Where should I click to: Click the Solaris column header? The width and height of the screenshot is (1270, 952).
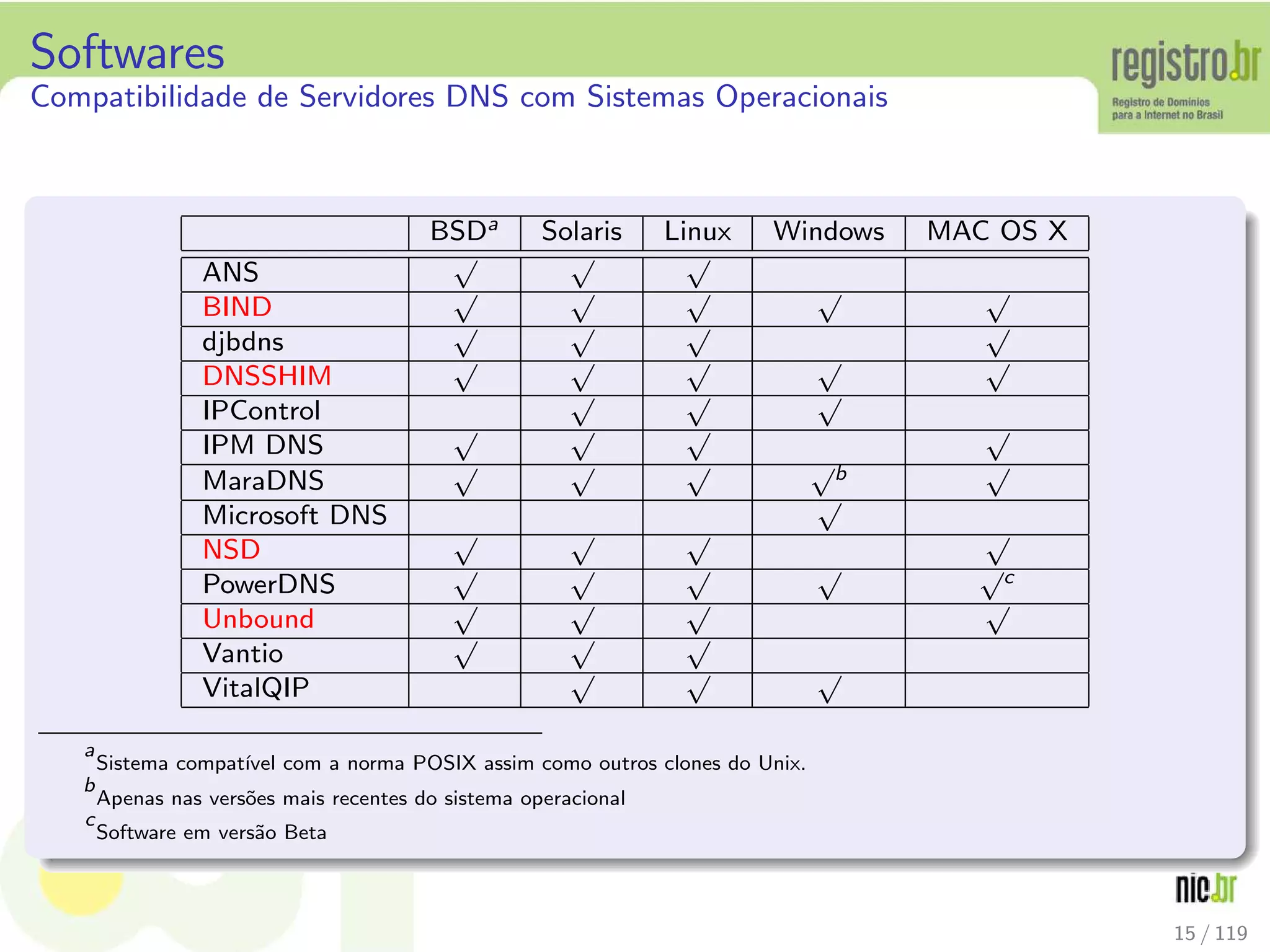tap(581, 232)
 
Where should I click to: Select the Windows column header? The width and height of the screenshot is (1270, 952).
tap(828, 232)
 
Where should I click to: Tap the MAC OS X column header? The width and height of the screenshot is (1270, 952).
tap(997, 232)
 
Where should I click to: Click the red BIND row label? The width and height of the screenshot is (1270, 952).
tap(238, 307)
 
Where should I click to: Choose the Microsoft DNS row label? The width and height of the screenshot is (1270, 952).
tap(295, 516)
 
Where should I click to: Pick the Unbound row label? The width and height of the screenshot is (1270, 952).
tap(259, 619)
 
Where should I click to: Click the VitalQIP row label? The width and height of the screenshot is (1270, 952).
tap(256, 688)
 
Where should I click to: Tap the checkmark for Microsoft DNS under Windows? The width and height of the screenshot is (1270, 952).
tap(830, 518)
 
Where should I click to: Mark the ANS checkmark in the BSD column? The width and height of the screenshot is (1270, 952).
tap(466, 275)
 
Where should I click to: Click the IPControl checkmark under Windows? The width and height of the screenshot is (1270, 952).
tap(830, 413)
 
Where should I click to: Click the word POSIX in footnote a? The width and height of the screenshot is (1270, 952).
tap(445, 763)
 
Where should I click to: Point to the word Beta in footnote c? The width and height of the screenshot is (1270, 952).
tap(305, 832)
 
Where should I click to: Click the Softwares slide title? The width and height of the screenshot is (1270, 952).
tap(128, 52)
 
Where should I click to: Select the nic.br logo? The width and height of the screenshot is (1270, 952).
tap(1205, 888)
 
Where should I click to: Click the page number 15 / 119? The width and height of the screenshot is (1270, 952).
tap(1210, 933)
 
